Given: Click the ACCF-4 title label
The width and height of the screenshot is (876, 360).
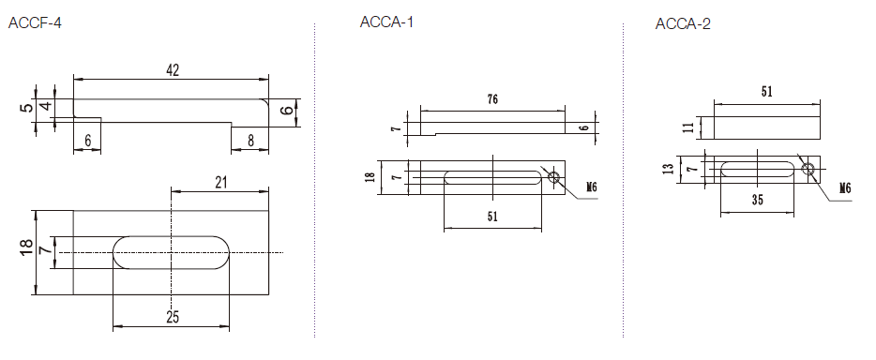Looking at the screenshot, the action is [x=35, y=23].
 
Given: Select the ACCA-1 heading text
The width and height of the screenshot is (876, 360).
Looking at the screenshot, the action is [x=386, y=22].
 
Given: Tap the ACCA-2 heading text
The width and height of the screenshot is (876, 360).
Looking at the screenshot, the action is [x=683, y=24].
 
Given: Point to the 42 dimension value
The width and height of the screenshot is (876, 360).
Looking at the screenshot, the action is [x=173, y=70].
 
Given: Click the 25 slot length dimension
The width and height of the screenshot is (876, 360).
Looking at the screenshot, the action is [x=173, y=317].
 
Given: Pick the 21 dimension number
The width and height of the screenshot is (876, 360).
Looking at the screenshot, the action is [x=221, y=183].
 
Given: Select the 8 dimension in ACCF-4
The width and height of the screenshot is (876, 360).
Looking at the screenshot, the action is [x=250, y=142].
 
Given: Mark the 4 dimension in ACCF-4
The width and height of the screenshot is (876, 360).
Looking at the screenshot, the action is [x=48, y=106].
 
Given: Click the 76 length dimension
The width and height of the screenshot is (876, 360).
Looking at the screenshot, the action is [x=492, y=100].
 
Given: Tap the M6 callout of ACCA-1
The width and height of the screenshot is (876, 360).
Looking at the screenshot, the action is [x=592, y=187].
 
